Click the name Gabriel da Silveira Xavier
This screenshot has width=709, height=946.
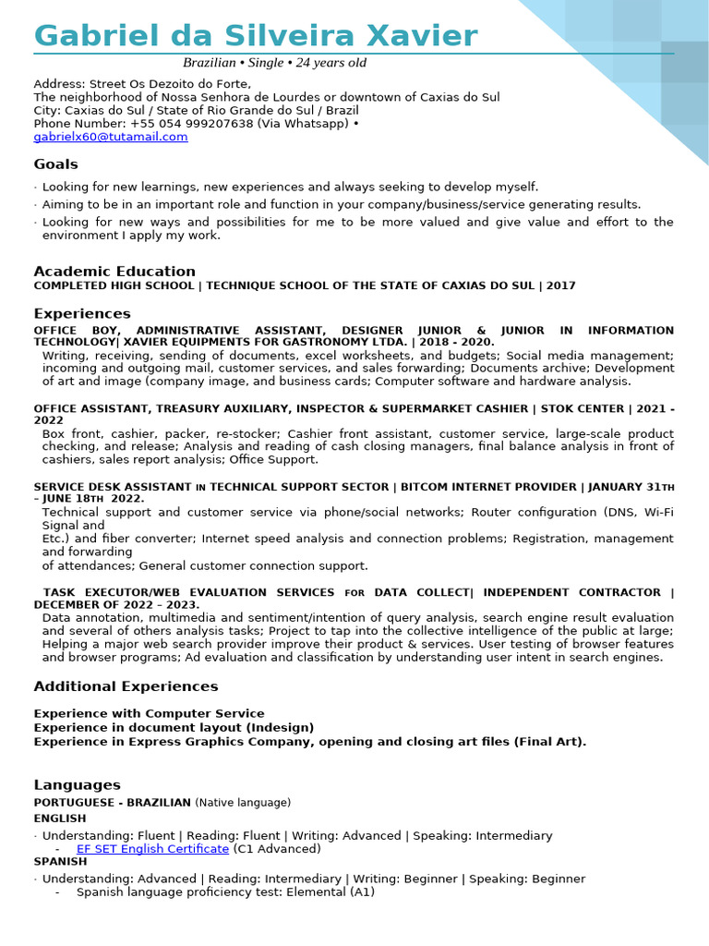click(x=256, y=36)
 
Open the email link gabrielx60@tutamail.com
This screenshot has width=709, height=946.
click(x=111, y=137)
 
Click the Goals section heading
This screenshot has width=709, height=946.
click(x=55, y=164)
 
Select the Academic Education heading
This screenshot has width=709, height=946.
click(x=114, y=272)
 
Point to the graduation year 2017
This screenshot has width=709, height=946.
click(x=560, y=286)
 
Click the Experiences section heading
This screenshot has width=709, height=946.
click(x=82, y=314)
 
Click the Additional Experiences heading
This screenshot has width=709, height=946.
click(x=126, y=686)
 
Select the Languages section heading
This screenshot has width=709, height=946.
click(x=77, y=785)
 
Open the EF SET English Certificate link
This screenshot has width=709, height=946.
click(x=152, y=849)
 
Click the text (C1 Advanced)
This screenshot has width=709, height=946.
click(x=277, y=849)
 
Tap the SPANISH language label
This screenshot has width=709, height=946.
click(x=60, y=862)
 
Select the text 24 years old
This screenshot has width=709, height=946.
click(x=331, y=63)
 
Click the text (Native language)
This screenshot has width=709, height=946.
click(x=243, y=803)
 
